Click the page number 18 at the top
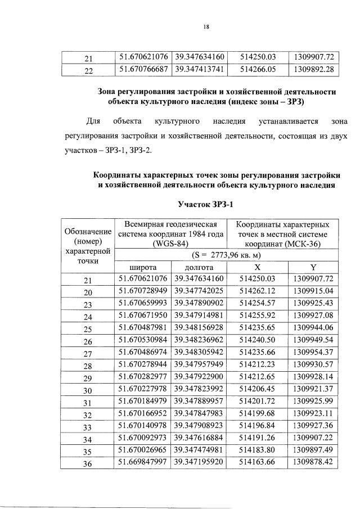pos(206,26)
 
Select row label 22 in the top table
pos(88,70)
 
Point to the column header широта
pos(143,268)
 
